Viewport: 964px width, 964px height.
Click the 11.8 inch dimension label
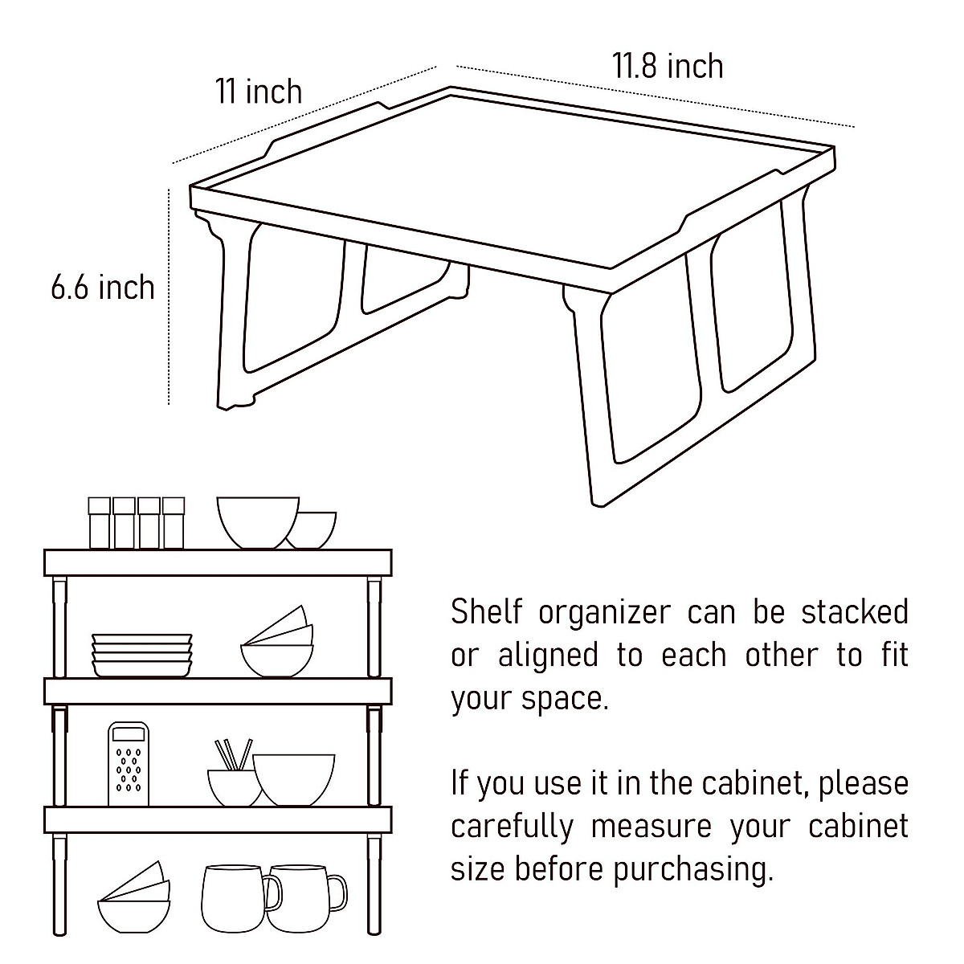pos(668,66)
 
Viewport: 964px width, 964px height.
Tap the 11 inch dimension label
pos(258,92)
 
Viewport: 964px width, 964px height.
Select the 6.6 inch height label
pos(102,287)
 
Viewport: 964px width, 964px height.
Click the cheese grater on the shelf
pos(129,764)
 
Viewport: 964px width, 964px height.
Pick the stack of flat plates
pos(142,654)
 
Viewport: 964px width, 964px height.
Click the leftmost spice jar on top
pos(99,522)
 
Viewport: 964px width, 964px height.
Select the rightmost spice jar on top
pos(174,522)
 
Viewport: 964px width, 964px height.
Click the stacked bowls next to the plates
pos(277,643)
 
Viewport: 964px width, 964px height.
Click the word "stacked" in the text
pos(854,612)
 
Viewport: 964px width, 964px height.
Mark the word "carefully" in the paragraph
pos(512,827)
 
